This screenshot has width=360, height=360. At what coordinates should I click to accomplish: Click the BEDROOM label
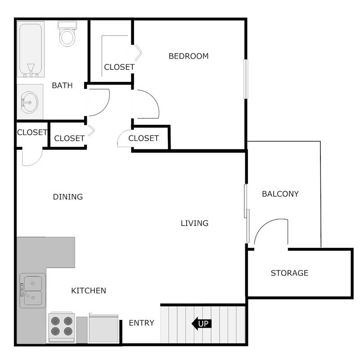[189, 56]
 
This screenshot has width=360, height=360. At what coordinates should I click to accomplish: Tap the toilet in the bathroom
[67, 35]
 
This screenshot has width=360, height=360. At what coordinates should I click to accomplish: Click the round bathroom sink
[30, 102]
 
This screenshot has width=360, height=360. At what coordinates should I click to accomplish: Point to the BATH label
[62, 85]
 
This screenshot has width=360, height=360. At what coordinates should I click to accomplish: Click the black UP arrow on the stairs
[202, 324]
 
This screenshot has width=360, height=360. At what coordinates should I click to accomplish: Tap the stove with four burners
[62, 327]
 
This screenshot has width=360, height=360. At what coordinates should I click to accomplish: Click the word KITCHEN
[89, 291]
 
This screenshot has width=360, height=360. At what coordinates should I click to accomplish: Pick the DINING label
[68, 197]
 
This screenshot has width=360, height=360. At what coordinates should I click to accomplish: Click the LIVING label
[194, 223]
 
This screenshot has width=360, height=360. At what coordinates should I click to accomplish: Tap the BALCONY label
[280, 194]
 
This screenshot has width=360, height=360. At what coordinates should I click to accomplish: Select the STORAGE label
[289, 273]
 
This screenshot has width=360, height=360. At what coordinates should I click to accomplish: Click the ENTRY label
[141, 323]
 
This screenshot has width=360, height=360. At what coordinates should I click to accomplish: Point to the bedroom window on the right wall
[246, 79]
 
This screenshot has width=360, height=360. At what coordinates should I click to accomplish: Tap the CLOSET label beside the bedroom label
[119, 67]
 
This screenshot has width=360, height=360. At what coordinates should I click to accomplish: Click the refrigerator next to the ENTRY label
[104, 328]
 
